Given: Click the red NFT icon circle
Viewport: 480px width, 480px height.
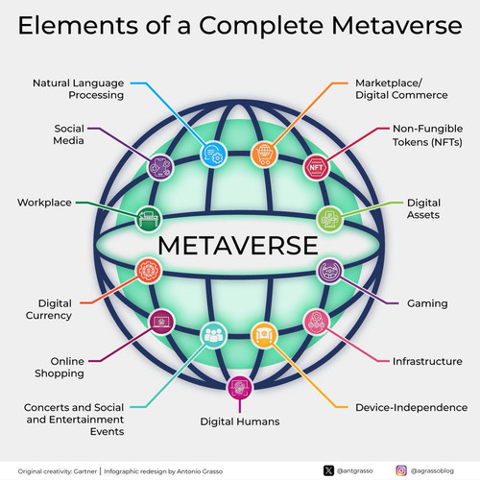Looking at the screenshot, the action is click(x=317, y=167).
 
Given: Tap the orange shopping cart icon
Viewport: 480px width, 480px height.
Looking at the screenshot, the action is click(x=264, y=154).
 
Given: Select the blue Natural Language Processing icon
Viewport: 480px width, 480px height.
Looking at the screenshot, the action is click(x=213, y=154).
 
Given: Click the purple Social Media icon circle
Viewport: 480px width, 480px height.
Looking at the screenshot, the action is click(x=161, y=167).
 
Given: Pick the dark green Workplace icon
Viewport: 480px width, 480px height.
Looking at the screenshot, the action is click(x=148, y=219).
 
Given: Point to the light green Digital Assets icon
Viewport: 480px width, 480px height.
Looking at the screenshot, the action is click(x=329, y=219).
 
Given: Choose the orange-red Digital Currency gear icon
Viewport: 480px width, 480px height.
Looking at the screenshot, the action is click(x=149, y=271).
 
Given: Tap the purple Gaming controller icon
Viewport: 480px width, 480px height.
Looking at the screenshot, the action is click(x=329, y=271).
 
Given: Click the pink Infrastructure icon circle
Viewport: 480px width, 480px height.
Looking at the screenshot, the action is click(x=317, y=322).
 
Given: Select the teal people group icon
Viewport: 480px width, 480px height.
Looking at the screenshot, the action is click(x=213, y=335).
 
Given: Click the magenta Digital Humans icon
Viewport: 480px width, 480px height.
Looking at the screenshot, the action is click(x=240, y=388).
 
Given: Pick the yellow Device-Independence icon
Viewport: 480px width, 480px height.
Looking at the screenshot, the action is click(x=264, y=335).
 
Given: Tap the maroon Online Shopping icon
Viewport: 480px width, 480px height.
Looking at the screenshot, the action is click(x=161, y=322).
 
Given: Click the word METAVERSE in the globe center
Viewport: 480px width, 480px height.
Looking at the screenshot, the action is click(x=238, y=246).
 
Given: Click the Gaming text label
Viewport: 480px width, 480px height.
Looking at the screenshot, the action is click(x=427, y=303).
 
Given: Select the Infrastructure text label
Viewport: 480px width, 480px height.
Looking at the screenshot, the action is click(x=427, y=361).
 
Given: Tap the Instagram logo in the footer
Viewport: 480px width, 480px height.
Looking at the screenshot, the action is click(x=401, y=470).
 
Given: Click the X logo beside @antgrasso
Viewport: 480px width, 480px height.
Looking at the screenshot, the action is click(x=328, y=470).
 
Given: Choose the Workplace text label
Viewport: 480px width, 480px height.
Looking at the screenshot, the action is click(x=44, y=203).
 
